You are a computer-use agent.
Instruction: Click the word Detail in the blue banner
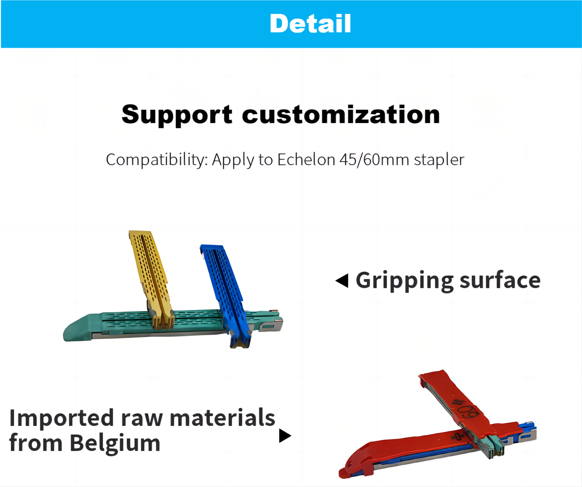coord(310,23)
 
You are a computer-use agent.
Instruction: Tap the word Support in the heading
coord(177,115)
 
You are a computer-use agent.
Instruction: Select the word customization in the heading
coord(341,114)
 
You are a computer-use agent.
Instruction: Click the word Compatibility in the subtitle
coord(157,160)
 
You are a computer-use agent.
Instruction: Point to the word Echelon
coord(306,160)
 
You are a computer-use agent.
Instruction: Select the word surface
coord(500,280)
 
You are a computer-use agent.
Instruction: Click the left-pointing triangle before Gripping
coord(342,280)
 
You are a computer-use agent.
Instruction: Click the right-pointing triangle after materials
coord(285,436)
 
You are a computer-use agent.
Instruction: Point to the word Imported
coord(61,418)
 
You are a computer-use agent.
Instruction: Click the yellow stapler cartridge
coord(151,279)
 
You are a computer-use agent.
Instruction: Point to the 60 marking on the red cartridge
coord(469,412)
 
